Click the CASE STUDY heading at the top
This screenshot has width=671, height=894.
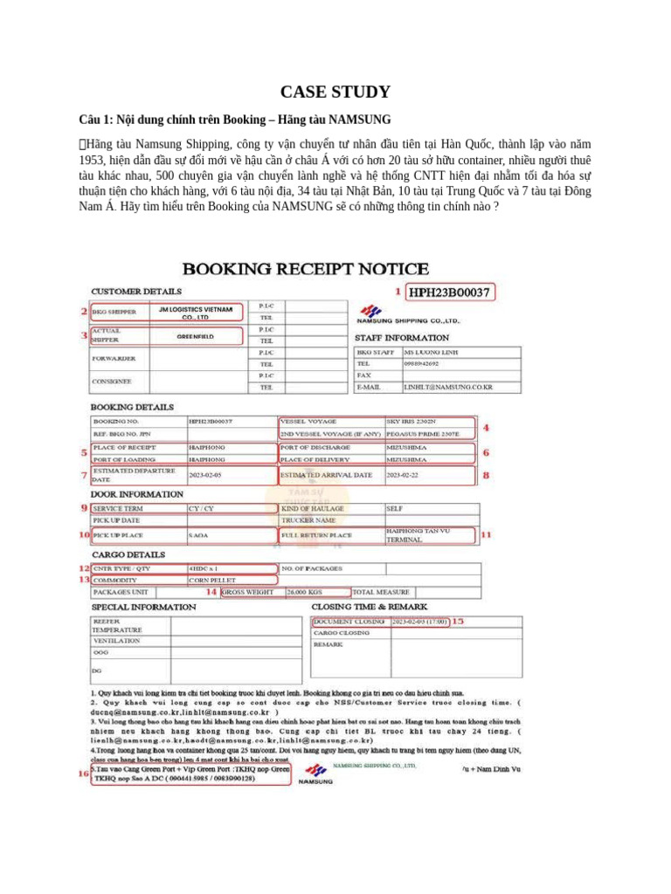[x=335, y=92]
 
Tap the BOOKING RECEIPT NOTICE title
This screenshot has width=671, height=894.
[x=305, y=269]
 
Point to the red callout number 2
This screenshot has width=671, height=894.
[x=84, y=311]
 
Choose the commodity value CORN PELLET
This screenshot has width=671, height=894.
[x=210, y=580]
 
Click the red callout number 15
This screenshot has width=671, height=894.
[x=457, y=621]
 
